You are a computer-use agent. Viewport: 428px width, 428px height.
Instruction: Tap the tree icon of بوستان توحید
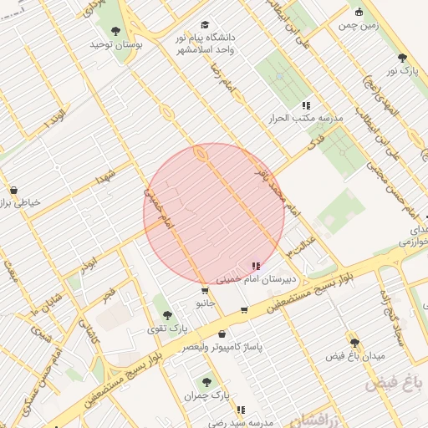click(116, 31)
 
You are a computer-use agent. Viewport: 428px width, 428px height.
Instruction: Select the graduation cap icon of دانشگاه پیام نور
click(206, 26)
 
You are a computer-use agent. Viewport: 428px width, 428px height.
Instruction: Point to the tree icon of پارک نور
click(403, 58)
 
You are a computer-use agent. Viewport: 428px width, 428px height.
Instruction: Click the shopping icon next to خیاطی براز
click(13, 190)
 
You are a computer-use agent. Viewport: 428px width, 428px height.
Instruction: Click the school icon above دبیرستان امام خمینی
click(255, 266)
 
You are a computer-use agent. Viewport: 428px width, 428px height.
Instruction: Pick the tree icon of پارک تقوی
click(167, 315)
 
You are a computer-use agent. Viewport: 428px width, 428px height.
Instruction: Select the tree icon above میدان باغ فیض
click(354, 343)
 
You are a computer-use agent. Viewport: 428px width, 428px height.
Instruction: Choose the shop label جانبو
click(208, 304)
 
